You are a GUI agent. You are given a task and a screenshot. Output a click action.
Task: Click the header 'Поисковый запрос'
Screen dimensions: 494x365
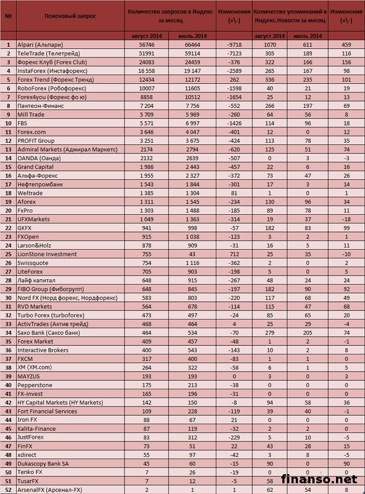tap(70, 16)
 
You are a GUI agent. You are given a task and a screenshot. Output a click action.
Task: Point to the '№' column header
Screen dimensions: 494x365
tap(9, 16)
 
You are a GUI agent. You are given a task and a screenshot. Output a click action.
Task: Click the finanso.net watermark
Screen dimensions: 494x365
tap(327, 477)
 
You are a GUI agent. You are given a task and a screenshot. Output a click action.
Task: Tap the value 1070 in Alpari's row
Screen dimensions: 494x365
tap(269, 45)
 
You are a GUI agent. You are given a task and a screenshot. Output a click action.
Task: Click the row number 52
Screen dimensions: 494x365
tap(9, 489)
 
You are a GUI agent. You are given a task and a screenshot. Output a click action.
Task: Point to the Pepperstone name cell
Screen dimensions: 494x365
tap(35, 384)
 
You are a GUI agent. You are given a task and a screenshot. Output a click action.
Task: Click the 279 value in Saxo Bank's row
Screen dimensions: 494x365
tap(269, 332)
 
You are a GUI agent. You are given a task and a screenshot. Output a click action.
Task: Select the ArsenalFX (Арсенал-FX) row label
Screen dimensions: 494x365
tap(49, 489)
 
